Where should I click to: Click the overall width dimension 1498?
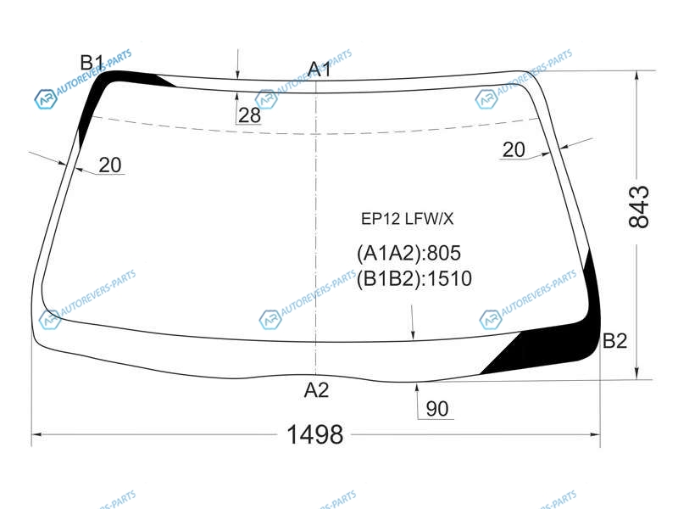point(314,434)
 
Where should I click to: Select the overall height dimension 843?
point(639,207)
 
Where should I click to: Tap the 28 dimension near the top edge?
point(249,115)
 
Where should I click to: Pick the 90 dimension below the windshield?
point(436,409)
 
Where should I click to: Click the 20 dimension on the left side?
point(110,165)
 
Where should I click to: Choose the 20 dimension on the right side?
point(514,150)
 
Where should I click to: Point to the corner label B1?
point(92,63)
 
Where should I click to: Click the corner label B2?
point(614,341)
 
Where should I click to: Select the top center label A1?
point(320,70)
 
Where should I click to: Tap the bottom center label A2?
point(316,390)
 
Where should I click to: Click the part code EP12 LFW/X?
point(408,219)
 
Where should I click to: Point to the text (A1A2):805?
point(408,253)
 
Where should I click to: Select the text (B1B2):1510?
point(414,279)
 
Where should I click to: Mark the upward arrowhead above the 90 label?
point(417,388)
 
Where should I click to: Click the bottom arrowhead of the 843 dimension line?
point(636,374)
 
